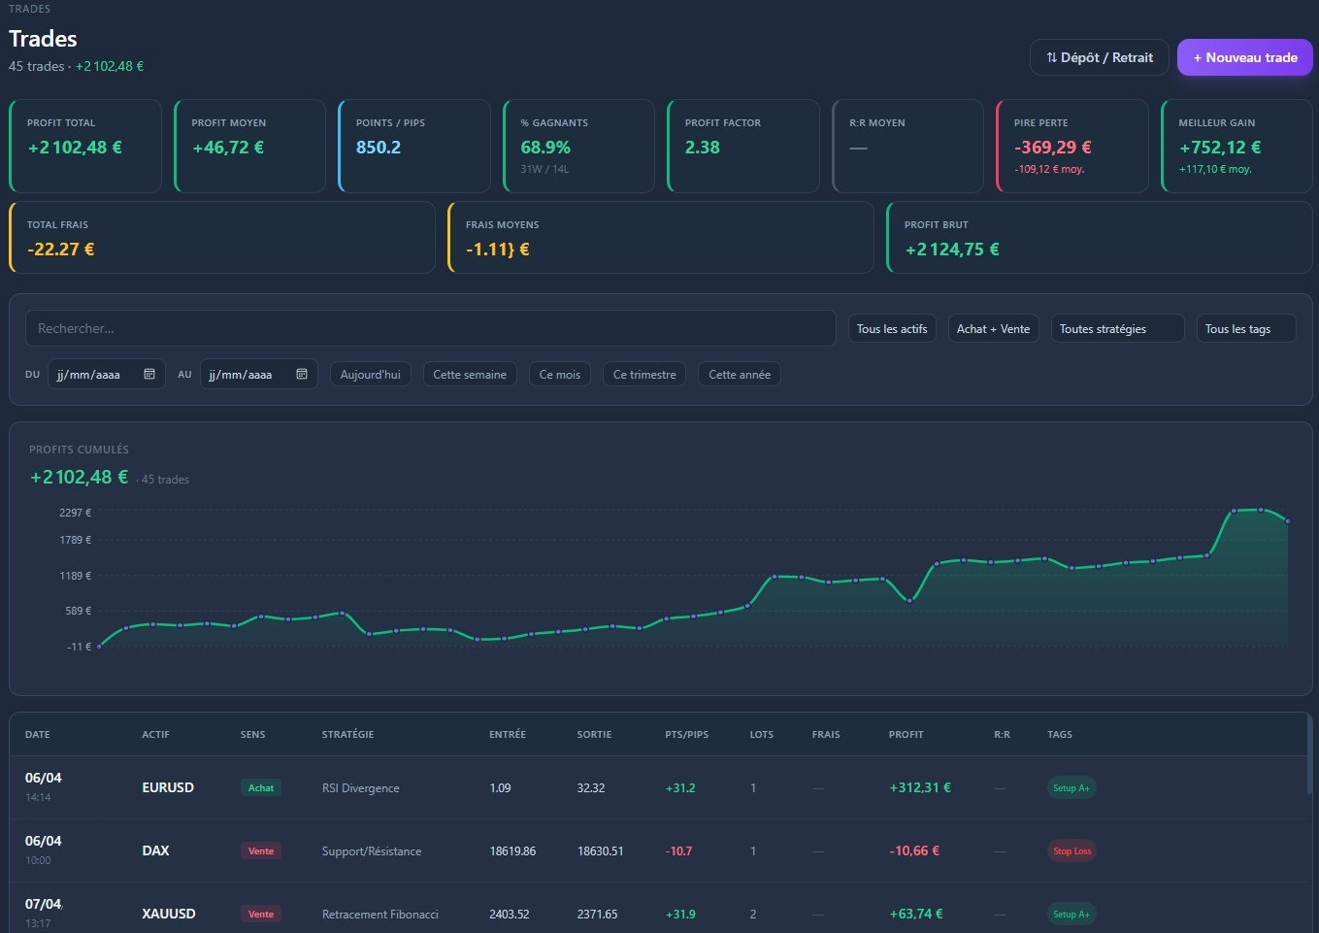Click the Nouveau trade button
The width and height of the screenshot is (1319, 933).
coord(1244,57)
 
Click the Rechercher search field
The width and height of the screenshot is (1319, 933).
coord(430,328)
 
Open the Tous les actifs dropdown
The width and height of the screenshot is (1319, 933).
coord(892,329)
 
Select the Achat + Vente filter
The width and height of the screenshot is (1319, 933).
coord(993,329)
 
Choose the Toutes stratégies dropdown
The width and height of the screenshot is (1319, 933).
coord(1117,329)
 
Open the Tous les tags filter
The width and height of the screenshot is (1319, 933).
coord(1246,329)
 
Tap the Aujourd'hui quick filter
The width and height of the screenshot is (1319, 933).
coord(371,374)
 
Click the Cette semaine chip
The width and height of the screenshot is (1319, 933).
coord(470,374)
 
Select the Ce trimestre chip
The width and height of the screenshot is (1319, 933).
coord(644,374)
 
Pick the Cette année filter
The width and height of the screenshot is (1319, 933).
coord(739,374)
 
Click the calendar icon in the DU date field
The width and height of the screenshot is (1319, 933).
coord(149,374)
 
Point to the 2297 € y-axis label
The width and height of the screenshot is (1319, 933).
coord(76,513)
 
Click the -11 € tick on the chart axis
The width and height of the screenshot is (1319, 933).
coord(79,647)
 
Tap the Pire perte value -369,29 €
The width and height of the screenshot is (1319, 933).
coord(1052,147)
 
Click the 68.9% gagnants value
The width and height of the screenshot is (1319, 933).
coord(545,147)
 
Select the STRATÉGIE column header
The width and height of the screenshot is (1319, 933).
coord(347,734)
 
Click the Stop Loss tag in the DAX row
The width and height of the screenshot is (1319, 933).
coord(1072,850)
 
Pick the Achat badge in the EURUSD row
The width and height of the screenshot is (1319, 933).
coord(261,787)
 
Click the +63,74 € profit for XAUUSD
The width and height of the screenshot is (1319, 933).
coord(915,914)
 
